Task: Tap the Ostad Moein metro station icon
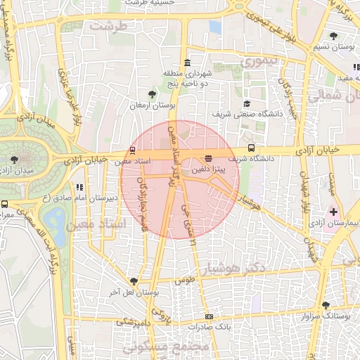point(133,150)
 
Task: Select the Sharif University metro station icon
point(251,148)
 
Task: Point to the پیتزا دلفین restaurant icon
point(208,158)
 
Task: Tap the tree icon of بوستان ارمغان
point(152,94)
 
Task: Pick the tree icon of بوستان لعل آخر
point(134,281)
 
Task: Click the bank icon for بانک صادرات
point(208,316)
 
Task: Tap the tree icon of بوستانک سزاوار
point(326,304)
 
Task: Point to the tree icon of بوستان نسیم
point(333,35)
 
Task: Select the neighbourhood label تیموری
point(261,63)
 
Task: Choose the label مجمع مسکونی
point(166,347)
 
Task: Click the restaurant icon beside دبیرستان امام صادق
point(79,188)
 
